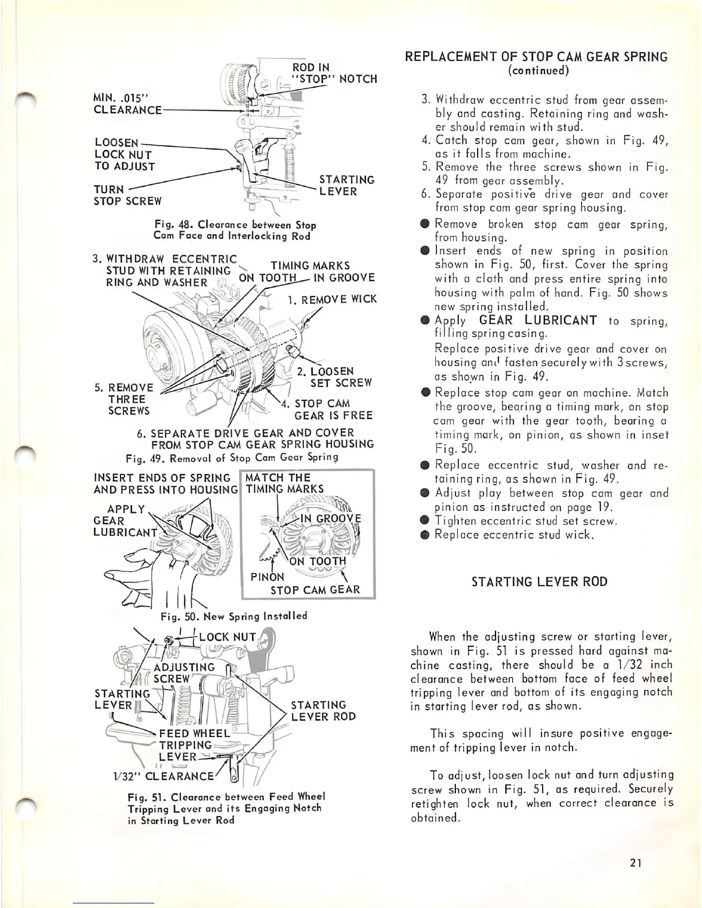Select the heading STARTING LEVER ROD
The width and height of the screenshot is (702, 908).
539,582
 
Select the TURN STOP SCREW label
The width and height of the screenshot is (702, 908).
127,195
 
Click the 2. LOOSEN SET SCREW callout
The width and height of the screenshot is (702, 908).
334,377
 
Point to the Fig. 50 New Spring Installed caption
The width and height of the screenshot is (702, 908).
234,616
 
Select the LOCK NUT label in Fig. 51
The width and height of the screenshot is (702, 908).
228,637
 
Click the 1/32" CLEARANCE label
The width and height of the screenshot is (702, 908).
155,776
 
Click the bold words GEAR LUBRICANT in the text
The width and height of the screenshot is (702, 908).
537,320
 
